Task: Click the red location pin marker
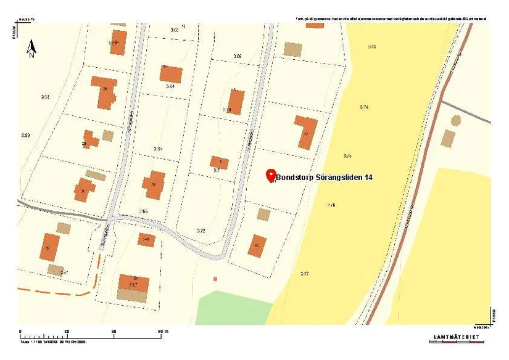[x=270, y=176]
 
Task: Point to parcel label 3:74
[x=364, y=107]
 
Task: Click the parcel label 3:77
[x=304, y=273]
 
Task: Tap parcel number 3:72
[x=201, y=231]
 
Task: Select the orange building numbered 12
[x=257, y=245]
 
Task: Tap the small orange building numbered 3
[x=220, y=163]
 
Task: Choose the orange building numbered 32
[x=49, y=247]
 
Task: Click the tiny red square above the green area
[x=215, y=279]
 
